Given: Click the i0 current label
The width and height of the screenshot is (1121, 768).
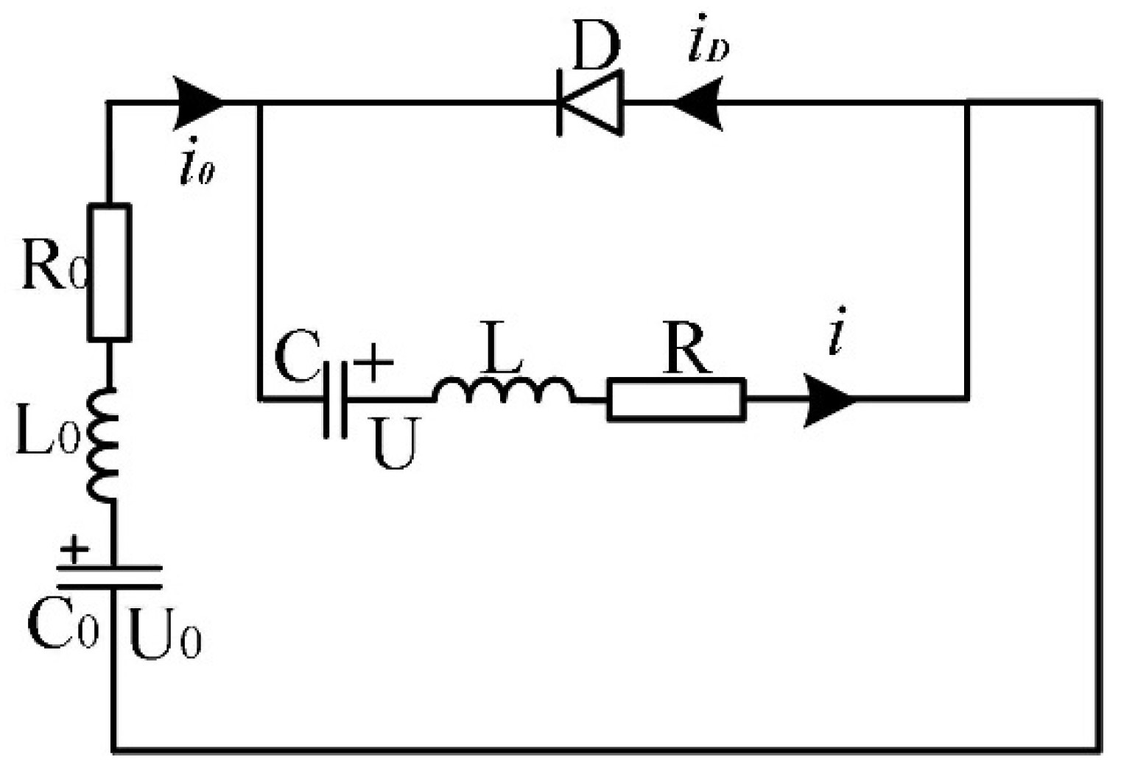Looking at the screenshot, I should pyautogui.click(x=197, y=169).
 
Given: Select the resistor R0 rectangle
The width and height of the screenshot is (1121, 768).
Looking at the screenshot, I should pyautogui.click(x=110, y=272).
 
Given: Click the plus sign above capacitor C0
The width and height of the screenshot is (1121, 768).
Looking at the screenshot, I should pyautogui.click(x=74, y=549).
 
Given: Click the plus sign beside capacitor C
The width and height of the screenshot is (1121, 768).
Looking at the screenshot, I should pyautogui.click(x=373, y=363).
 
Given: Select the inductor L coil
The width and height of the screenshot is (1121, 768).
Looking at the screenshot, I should pyautogui.click(x=504, y=391).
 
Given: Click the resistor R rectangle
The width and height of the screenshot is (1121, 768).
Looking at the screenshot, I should pyautogui.click(x=676, y=400).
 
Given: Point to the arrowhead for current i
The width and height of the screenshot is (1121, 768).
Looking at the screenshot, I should pyautogui.click(x=829, y=400).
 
